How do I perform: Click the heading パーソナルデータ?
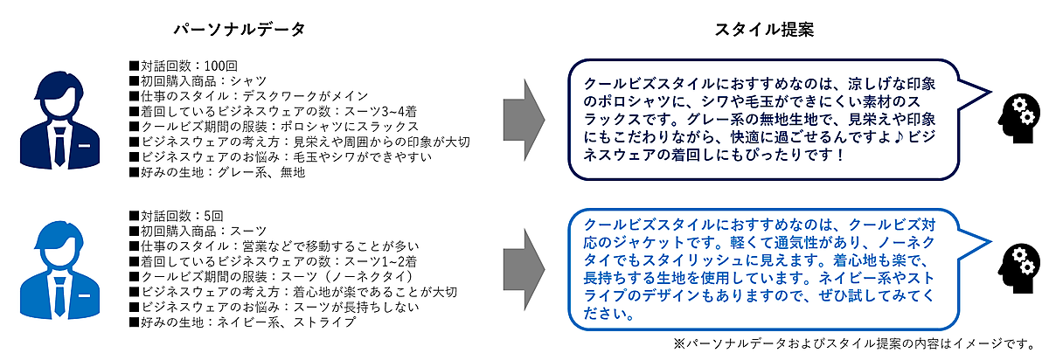(239, 30)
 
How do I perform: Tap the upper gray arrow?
(525, 116)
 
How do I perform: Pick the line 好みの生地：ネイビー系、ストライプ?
(241, 322)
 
